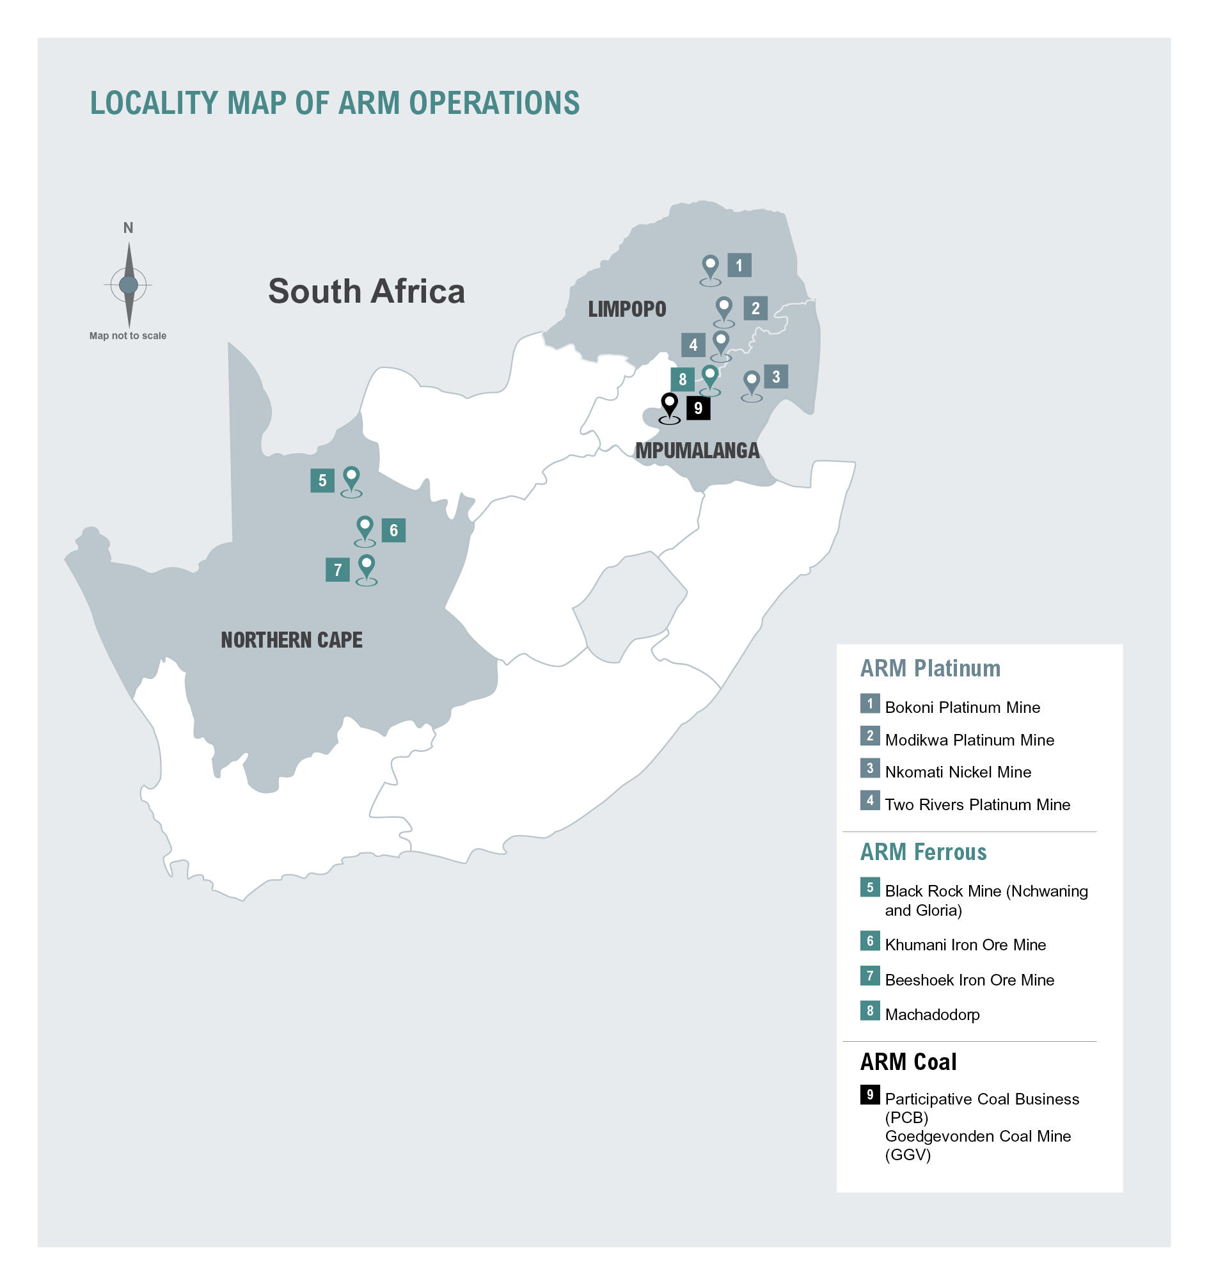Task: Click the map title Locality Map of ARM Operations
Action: coord(334,104)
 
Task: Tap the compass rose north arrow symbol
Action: coord(129,284)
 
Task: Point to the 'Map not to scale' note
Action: coord(128,335)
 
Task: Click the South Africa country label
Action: coord(367,292)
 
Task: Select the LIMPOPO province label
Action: coord(626,309)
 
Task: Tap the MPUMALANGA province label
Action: coord(697,451)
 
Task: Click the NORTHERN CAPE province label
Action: coord(292,640)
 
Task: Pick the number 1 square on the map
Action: coord(739,265)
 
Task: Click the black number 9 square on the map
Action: coord(698,408)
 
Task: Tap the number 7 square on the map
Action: coord(337,570)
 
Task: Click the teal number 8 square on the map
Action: coord(683,379)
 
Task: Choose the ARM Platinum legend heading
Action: coord(929,668)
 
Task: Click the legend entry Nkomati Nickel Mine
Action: coord(958,772)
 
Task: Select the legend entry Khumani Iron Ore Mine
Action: coord(965,945)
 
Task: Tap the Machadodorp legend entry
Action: coord(932,1014)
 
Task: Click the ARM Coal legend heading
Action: coord(908,1062)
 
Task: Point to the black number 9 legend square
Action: coord(870,1094)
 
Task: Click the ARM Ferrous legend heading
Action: coord(923,852)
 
